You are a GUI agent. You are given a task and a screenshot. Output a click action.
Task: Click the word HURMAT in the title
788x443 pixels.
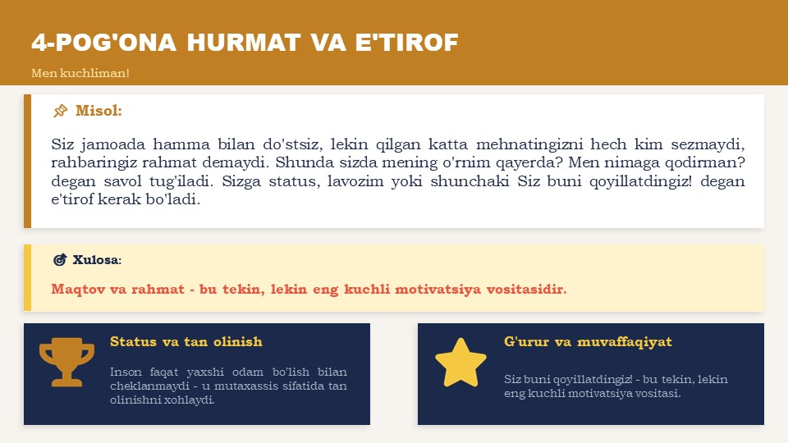click(244, 43)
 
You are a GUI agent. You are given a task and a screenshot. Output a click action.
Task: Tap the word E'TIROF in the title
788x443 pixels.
click(407, 43)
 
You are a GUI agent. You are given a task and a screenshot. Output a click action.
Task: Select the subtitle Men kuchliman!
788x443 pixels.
click(80, 73)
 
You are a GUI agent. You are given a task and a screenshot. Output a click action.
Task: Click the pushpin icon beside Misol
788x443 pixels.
click(60, 111)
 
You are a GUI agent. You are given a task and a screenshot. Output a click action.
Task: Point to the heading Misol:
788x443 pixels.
click(99, 111)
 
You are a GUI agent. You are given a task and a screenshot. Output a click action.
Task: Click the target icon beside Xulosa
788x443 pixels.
click(60, 260)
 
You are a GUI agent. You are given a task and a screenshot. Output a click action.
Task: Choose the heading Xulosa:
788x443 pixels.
click(97, 260)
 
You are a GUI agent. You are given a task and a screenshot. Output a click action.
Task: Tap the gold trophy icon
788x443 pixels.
click(66, 362)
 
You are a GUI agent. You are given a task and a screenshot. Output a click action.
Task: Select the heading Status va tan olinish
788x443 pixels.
click(186, 341)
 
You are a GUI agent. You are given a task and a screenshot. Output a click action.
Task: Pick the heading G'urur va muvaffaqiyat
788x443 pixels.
click(588, 341)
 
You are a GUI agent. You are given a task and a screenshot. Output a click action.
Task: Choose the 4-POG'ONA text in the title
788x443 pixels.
click(103, 43)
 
